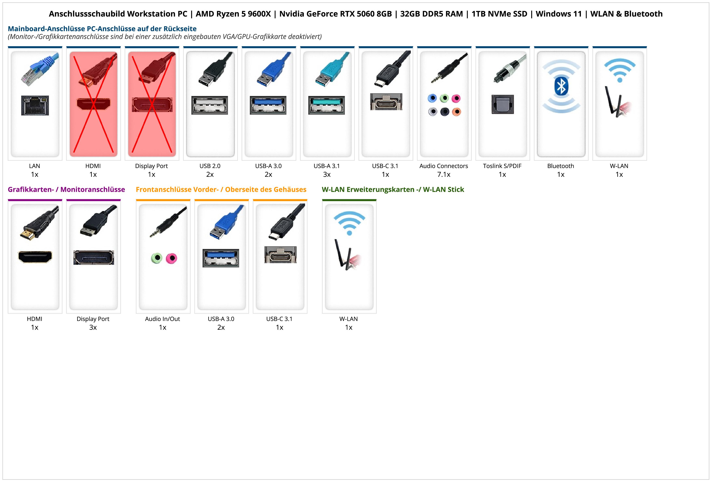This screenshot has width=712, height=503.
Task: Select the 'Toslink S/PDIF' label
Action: pos(502,166)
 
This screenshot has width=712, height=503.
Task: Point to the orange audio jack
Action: pos(456,112)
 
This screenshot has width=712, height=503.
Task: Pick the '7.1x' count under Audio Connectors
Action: pos(443,174)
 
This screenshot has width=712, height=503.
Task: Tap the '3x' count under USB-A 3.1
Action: pos(327,174)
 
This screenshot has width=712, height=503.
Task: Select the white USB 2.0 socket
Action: pos(210,105)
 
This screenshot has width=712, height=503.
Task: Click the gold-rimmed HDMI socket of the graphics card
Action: pos(35,257)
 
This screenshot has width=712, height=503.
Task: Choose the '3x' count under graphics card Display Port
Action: pos(93,327)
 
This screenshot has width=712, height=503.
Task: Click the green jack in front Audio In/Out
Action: pos(157,258)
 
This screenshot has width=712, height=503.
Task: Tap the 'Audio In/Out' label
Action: pos(163,319)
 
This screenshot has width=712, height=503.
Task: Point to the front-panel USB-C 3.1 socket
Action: pos(280,255)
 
